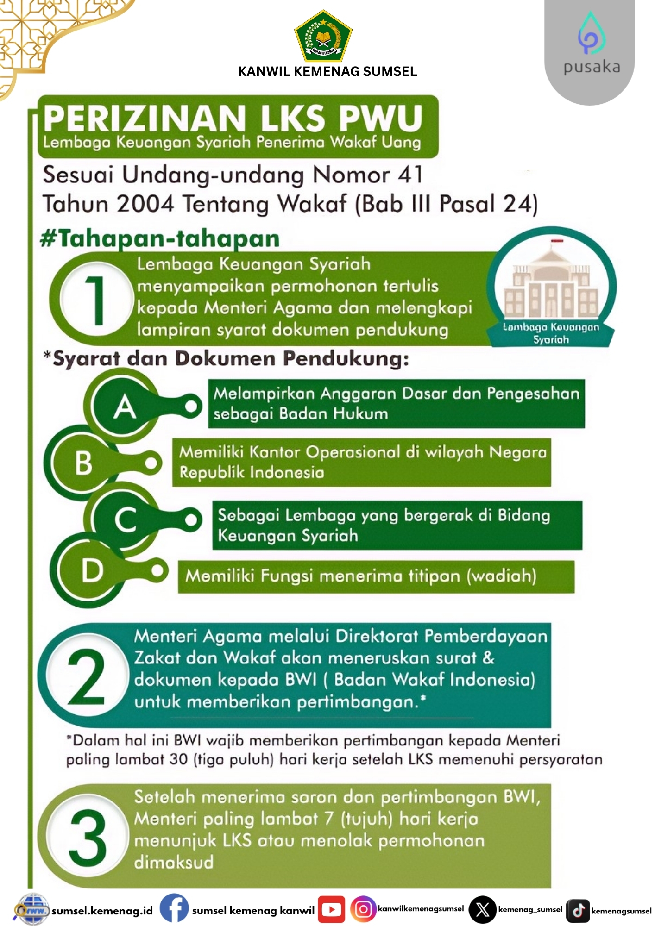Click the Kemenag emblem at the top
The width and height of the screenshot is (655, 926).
(323, 36)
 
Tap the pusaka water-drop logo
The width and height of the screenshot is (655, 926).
(591, 33)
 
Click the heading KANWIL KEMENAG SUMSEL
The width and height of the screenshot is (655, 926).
(327, 71)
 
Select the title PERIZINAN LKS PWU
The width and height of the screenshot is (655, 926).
(233, 118)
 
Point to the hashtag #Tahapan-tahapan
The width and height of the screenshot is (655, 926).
(160, 239)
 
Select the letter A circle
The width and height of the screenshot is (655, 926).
(124, 407)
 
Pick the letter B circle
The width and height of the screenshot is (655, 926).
(84, 463)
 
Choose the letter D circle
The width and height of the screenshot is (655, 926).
(92, 570)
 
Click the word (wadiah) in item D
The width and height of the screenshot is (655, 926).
(501, 576)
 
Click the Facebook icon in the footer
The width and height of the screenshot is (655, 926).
(174, 908)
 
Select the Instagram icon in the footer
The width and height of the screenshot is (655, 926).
(363, 909)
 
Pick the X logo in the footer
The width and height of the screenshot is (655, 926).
(482, 910)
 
